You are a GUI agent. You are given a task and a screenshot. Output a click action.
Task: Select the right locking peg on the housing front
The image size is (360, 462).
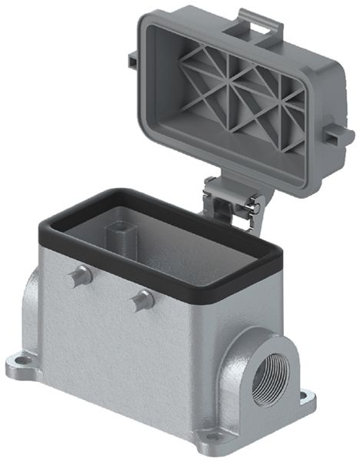point(140,300)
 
